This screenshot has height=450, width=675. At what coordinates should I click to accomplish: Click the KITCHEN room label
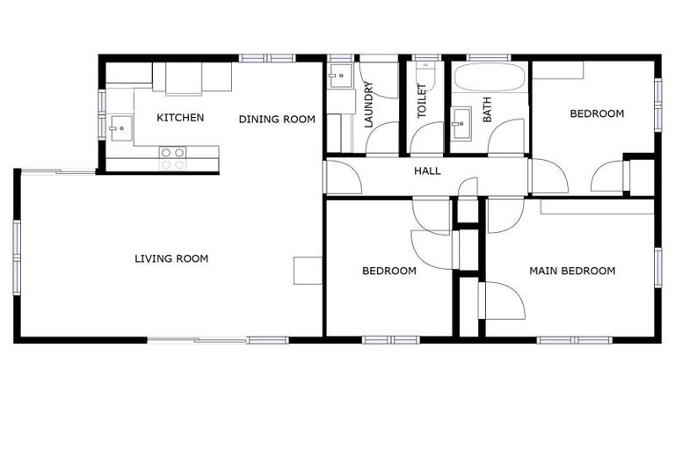180,118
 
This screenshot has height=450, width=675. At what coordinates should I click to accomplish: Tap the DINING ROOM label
277,120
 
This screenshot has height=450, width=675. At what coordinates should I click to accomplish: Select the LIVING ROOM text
171,258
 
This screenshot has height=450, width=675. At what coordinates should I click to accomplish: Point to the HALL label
427,171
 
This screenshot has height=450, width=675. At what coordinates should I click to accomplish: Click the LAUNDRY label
369,105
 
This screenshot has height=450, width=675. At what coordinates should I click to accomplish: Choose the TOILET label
422,101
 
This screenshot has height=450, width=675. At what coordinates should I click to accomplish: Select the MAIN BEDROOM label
571,271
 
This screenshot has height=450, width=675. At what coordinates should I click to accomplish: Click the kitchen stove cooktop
172,158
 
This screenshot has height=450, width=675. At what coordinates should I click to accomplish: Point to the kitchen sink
117,128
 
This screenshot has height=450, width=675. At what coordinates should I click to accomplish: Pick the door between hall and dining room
343,177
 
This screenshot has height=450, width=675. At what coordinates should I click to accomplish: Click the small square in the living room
308,270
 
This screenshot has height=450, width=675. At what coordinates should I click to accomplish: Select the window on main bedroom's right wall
657,268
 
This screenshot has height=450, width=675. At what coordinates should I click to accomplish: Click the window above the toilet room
427,58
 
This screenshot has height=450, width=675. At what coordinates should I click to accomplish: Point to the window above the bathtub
489,58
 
